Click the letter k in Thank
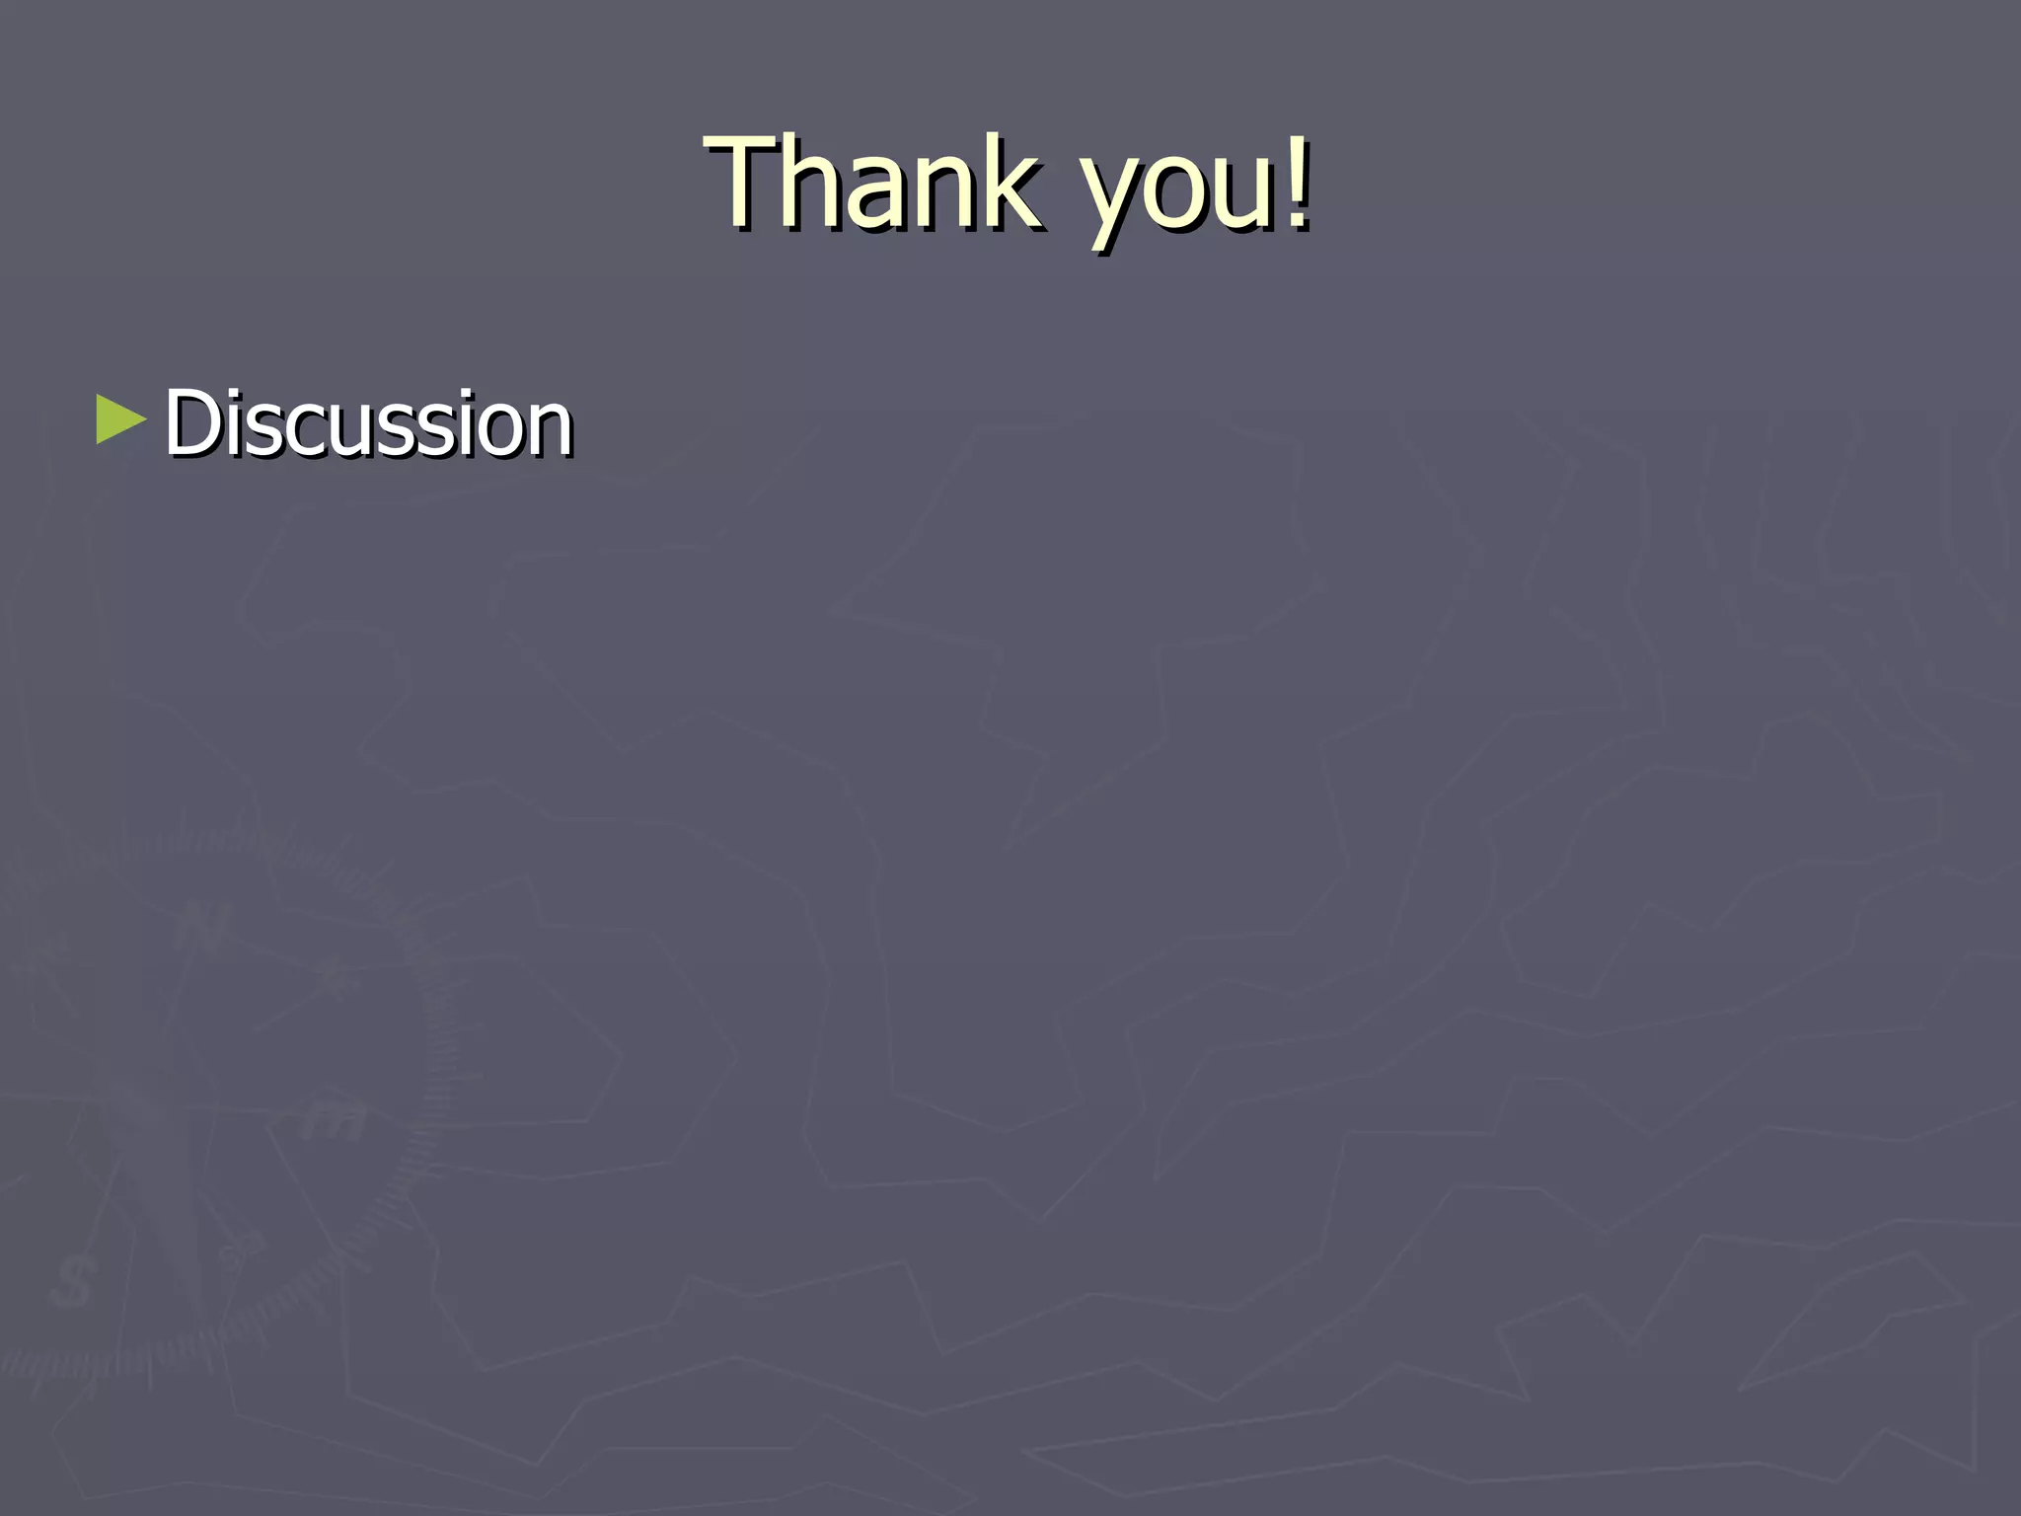(x=1007, y=182)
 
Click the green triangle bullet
(x=120, y=420)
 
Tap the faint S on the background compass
(x=71, y=1284)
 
